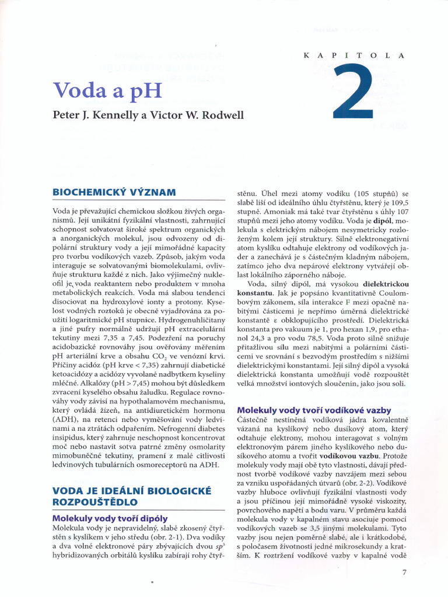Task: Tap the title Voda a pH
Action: tap(107, 91)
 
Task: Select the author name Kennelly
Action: tap(113, 114)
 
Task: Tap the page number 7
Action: tap(404, 573)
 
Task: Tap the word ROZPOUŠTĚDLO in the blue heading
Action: tap(94, 501)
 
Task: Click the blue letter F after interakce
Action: tap(347, 303)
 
